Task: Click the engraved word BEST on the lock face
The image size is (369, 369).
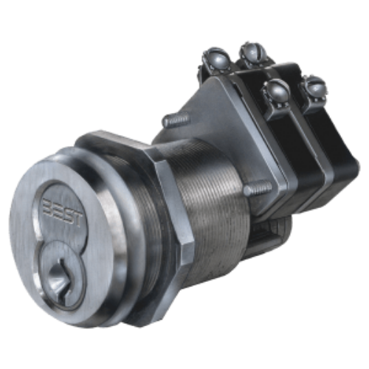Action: [61, 213]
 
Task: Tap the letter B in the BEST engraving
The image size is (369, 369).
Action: [47, 204]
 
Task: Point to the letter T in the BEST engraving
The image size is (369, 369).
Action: [76, 220]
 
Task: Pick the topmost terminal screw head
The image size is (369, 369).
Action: [253, 52]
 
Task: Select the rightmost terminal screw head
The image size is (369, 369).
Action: [313, 89]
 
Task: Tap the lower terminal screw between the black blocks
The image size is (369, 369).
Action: [276, 92]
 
